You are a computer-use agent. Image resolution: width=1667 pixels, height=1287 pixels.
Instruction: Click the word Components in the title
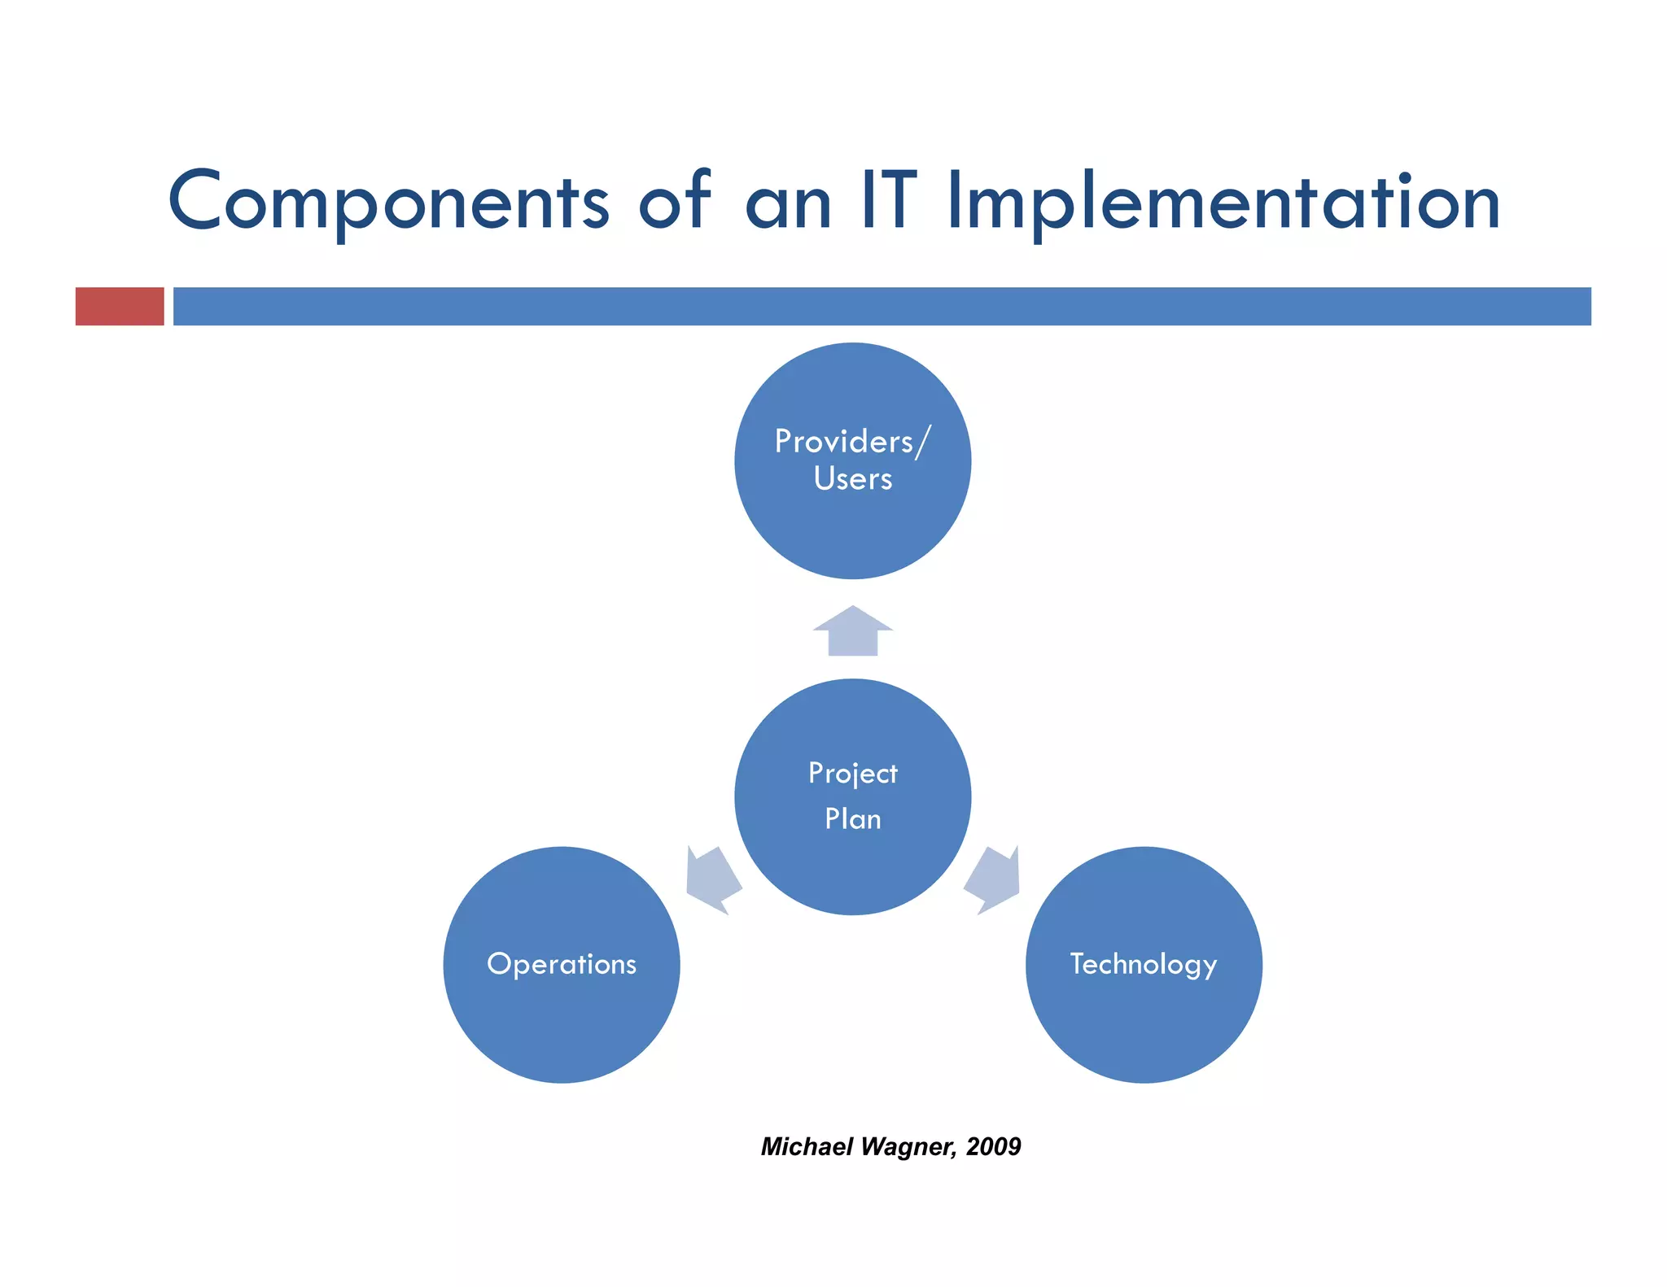(x=389, y=202)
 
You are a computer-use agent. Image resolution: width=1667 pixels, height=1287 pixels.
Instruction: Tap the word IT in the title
(x=889, y=200)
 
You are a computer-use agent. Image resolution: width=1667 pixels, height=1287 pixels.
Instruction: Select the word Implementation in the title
(x=1223, y=202)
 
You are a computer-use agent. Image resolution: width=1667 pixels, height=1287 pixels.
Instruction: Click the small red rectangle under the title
(x=120, y=307)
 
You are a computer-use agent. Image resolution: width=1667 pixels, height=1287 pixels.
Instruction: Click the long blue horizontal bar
(x=882, y=307)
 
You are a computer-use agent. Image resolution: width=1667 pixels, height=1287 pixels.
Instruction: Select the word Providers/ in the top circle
(x=851, y=442)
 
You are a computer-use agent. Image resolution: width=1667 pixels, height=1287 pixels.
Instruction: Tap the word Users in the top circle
(x=852, y=479)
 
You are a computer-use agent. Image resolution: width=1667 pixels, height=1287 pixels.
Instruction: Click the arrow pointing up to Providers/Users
(x=852, y=632)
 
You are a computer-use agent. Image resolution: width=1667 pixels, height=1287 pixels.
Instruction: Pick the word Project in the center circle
(x=852, y=774)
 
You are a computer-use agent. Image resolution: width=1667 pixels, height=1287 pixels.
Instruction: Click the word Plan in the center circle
(x=852, y=819)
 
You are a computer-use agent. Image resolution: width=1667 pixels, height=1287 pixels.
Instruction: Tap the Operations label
(x=562, y=964)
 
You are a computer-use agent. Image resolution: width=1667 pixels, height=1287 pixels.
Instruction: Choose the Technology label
(x=1143, y=965)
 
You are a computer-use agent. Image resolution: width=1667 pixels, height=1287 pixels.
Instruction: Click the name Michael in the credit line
(x=807, y=1146)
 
